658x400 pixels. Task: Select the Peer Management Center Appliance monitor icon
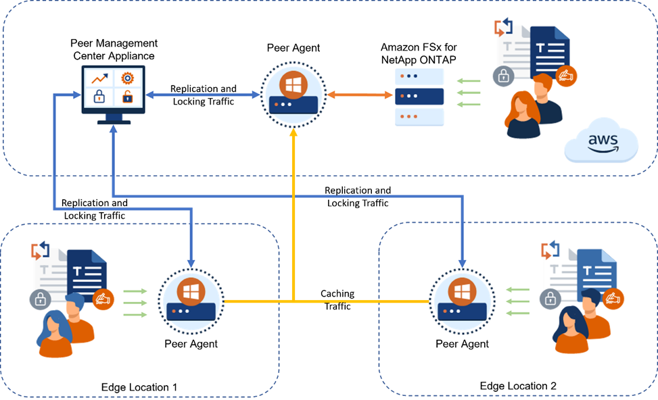[113, 95]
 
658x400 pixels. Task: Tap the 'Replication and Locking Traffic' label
[204, 95]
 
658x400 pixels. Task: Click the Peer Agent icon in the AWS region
[293, 95]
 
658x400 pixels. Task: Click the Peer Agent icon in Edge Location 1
[191, 301]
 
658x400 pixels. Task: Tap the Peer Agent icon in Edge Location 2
[462, 301]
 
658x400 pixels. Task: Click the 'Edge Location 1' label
[139, 387]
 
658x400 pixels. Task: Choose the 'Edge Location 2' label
[518, 386]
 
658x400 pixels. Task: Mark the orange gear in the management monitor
[126, 78]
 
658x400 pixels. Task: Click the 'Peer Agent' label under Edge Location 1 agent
[191, 344]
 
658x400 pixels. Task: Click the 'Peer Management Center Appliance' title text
[114, 49]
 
